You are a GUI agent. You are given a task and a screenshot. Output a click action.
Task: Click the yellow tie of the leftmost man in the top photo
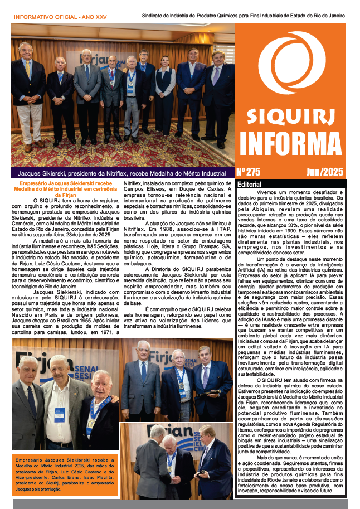[x=27, y=69]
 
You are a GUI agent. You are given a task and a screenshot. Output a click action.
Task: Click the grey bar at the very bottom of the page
[x=180, y=503]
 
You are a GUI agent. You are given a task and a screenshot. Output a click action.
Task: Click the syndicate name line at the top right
[x=244, y=16]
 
